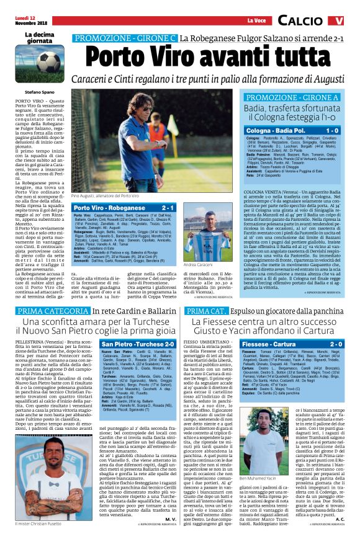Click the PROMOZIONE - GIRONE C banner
125,38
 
